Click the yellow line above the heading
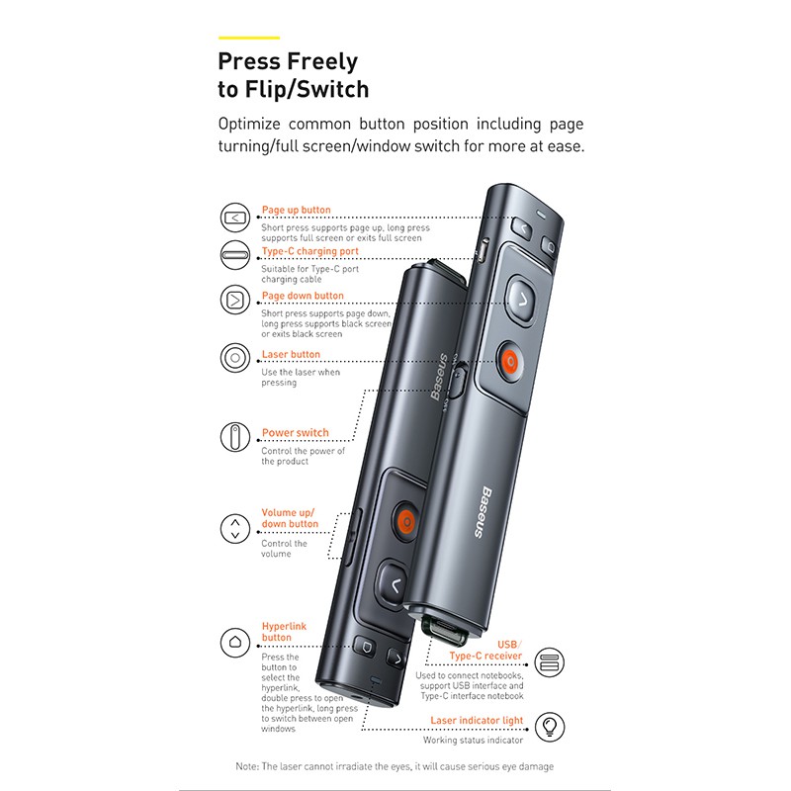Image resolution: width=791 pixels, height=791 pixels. tap(249, 38)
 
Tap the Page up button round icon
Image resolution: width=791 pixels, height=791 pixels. tap(235, 218)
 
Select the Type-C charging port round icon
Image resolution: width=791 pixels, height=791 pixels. tap(235, 255)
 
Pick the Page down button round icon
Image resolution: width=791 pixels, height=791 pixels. tap(235, 300)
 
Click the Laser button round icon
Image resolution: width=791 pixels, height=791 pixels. tap(235, 358)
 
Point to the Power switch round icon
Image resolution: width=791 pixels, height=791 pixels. tap(235, 437)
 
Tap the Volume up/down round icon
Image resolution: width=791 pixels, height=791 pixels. tap(235, 528)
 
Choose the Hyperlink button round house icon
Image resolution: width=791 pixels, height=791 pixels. tap(235, 642)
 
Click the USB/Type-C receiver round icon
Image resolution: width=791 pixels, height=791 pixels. tap(550, 662)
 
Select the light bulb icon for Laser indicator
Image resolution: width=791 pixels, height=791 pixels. tap(550, 727)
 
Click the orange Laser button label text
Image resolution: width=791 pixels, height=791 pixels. tap(291, 354)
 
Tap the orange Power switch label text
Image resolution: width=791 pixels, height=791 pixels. tap(295, 432)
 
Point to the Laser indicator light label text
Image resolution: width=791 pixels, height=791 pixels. tap(477, 721)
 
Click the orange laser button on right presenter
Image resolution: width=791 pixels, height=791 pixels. tap(510, 362)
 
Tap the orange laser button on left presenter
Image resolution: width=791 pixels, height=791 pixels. tap(405, 522)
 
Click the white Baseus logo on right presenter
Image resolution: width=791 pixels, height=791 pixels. tap(483, 511)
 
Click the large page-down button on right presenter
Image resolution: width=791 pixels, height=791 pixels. tap(522, 301)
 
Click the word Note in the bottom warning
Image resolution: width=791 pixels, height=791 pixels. tap(246, 766)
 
